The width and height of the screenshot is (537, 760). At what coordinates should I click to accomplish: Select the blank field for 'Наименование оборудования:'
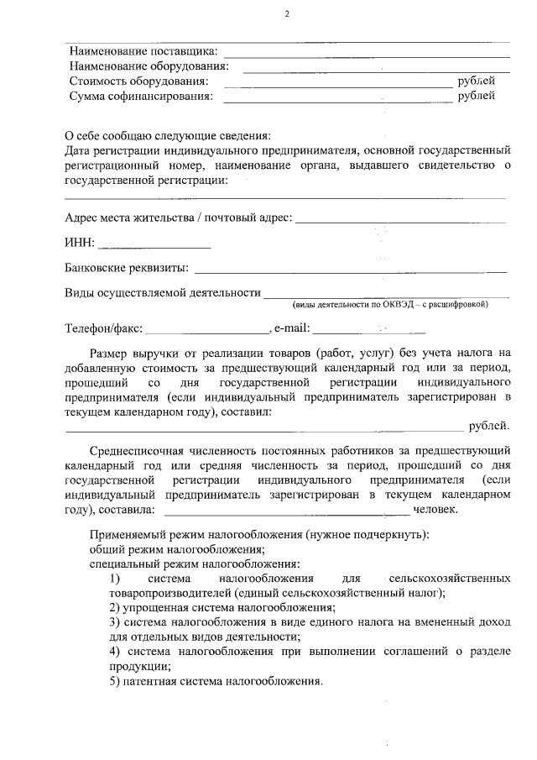click(376, 68)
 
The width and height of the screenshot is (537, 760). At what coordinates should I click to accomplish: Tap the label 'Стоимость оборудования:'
click(139, 81)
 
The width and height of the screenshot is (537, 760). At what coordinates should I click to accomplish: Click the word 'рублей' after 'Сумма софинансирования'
click(476, 96)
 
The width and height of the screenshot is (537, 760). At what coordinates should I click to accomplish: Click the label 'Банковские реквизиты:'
click(127, 269)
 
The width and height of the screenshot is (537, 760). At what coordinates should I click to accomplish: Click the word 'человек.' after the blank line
click(435, 509)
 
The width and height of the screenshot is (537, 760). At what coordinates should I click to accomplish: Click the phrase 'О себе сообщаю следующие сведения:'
click(169, 136)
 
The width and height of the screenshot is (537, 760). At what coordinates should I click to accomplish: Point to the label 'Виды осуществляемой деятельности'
click(163, 292)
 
